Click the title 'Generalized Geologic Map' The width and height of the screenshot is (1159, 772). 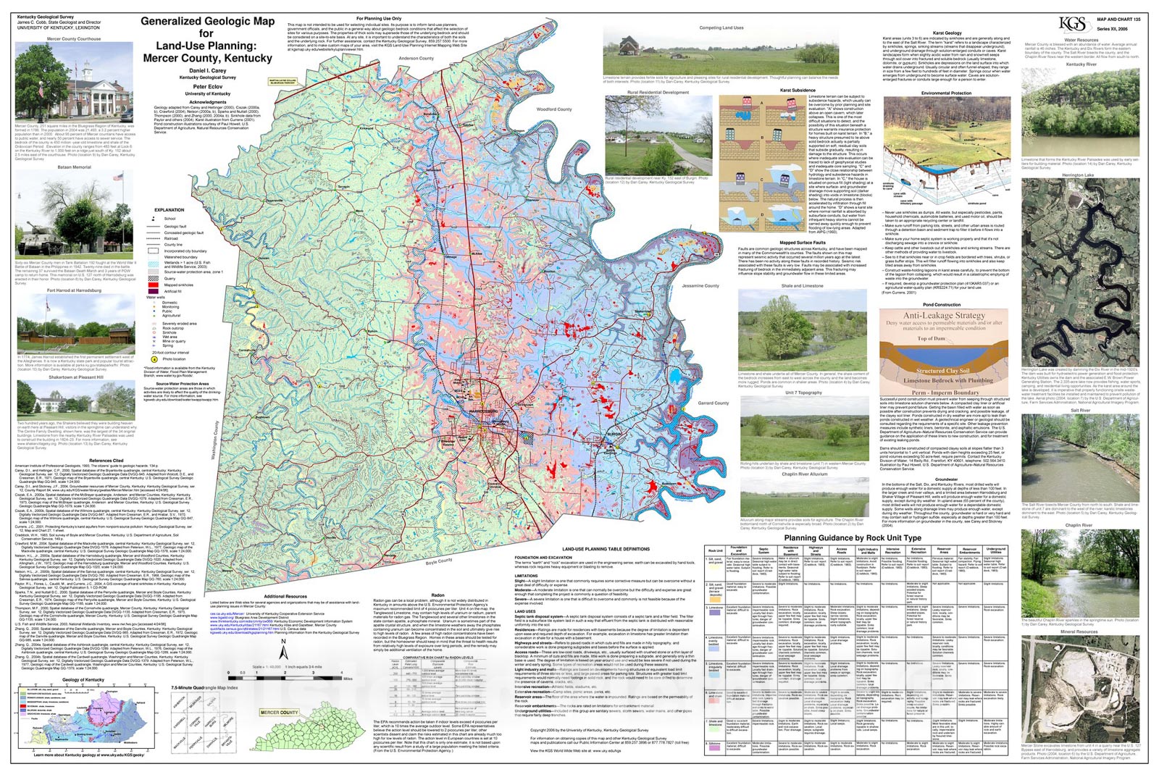pyautogui.click(x=207, y=21)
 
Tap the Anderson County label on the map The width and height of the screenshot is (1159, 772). pyautogui.click(x=416, y=59)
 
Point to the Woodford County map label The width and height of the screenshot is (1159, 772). pyautogui.click(x=554, y=109)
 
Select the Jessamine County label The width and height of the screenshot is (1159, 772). pyautogui.click(x=700, y=285)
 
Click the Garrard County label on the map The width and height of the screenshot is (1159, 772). pyautogui.click(x=714, y=403)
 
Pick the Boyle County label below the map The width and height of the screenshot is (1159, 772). pyautogui.click(x=439, y=561)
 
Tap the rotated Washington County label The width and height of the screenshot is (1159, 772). pyautogui.click(x=215, y=440)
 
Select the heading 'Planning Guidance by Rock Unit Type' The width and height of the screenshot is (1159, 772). pyautogui.click(x=853, y=538)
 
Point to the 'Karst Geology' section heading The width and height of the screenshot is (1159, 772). pyautogui.click(x=947, y=33)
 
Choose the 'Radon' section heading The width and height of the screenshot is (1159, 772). pyautogui.click(x=438, y=595)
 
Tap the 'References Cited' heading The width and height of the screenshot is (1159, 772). pyautogui.click(x=106, y=461)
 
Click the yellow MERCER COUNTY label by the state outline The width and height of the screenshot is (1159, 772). pyautogui.click(x=279, y=713)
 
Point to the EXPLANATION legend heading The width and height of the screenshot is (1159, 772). pyautogui.click(x=169, y=210)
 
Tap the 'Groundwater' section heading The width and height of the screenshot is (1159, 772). pyautogui.click(x=946, y=479)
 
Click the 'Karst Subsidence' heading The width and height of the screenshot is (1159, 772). pyautogui.click(x=797, y=91)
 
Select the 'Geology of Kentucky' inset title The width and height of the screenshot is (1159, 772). pyautogui.click(x=83, y=680)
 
